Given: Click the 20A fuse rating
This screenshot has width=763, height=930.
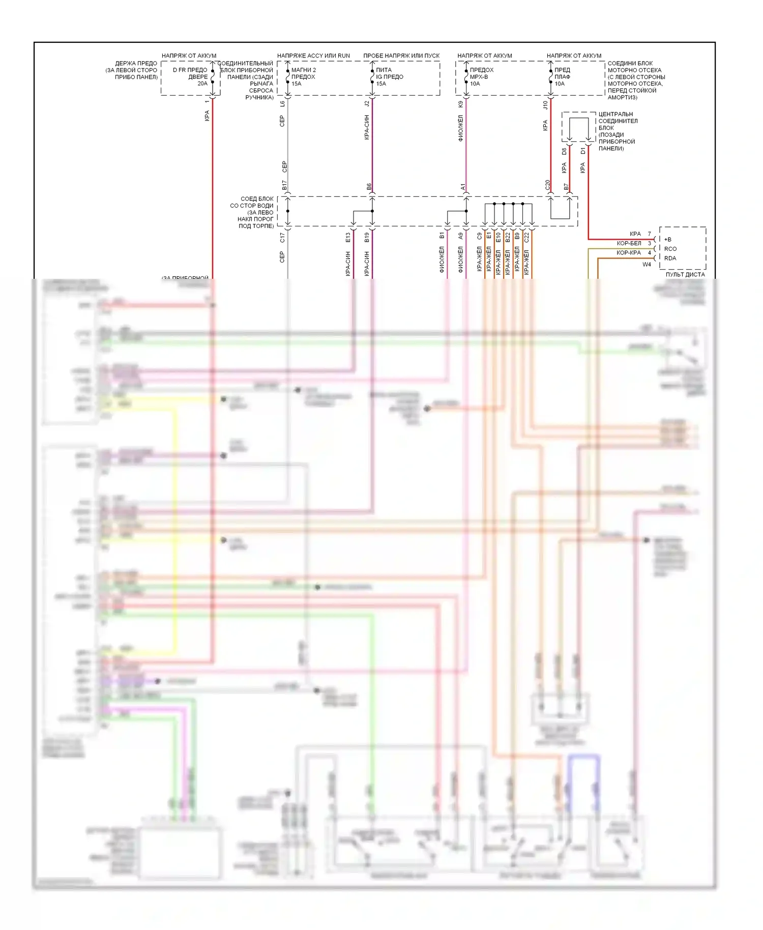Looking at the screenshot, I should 202,83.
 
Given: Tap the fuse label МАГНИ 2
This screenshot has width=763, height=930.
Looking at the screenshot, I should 304,70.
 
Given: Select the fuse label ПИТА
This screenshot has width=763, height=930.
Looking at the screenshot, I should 384,70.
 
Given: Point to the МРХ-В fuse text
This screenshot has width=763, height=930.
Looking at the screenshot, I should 479,77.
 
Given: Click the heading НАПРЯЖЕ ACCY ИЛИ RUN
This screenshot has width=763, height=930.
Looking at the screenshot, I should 313,55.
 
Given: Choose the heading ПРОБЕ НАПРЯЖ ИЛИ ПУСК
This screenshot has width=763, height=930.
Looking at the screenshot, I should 401,55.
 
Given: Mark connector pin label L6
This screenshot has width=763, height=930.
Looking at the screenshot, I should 282,104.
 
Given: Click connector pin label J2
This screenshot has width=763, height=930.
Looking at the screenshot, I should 367,104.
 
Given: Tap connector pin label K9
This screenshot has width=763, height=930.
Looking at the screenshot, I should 460,104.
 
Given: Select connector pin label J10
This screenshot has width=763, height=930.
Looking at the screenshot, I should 545,105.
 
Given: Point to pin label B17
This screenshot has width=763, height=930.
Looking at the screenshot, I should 284,185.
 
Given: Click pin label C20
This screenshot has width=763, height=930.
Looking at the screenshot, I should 547,185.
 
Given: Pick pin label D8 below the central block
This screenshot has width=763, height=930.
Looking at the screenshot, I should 564,151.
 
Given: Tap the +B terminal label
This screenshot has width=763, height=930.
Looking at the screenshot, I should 668,239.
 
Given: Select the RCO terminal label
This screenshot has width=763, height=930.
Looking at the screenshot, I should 670,249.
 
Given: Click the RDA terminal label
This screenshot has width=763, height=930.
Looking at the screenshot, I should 670,258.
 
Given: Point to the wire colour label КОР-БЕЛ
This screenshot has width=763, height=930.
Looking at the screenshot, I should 629,243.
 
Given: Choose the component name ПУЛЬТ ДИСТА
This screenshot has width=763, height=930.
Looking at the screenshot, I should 685,274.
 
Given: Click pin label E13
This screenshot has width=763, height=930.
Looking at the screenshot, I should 348,237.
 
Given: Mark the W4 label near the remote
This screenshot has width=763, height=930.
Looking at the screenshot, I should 647,264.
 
